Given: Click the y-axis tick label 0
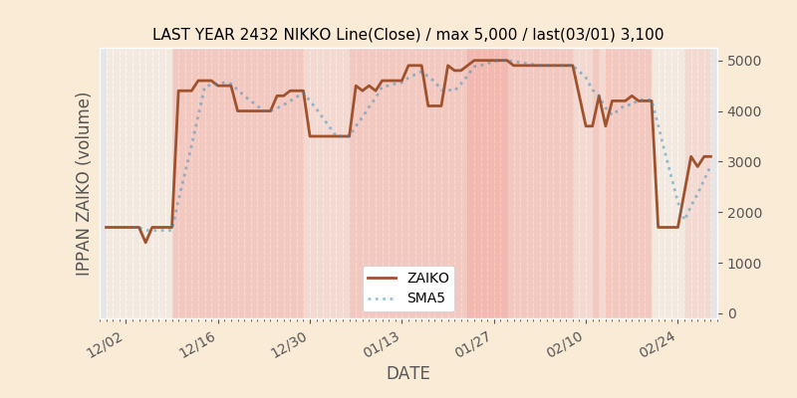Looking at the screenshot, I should [x=731, y=313].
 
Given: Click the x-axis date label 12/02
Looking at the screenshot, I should [x=106, y=344].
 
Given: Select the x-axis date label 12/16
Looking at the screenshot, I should [x=197, y=344].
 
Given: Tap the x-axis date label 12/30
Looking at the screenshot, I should [x=290, y=344].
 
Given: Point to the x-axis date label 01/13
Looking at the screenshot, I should [x=383, y=344].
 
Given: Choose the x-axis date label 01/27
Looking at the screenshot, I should [x=475, y=344].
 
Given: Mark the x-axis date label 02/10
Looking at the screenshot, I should [x=566, y=344].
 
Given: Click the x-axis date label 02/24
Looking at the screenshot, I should [x=658, y=344].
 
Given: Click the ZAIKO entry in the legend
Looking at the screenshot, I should [x=427, y=279].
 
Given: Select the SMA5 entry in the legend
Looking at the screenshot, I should [x=426, y=298].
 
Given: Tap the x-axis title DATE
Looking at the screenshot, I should [x=408, y=374].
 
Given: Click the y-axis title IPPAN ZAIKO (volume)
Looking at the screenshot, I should [x=84, y=183].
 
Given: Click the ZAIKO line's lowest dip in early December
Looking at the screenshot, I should [x=145, y=242].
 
